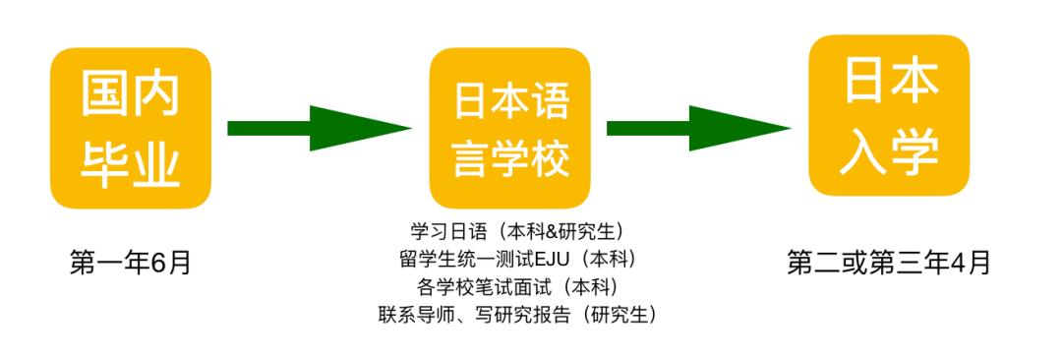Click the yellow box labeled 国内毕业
131,128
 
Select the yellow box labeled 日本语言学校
509,128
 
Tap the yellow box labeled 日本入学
889,116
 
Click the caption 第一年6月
130,263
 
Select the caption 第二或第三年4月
889,263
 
